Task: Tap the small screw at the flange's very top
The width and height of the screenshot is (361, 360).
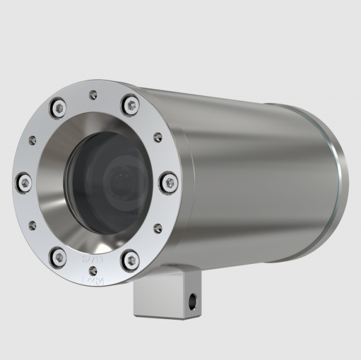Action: [x=91, y=94]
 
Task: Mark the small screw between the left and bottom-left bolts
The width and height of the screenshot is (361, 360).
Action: [x=31, y=224]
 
